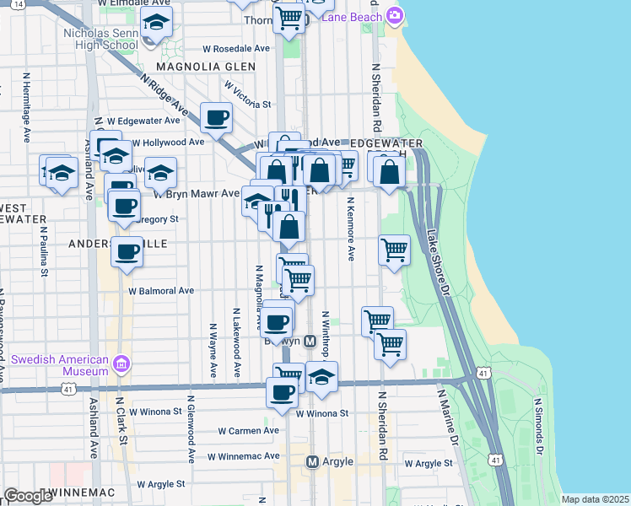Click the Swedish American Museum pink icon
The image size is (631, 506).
click(x=121, y=363)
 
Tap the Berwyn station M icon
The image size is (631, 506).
click(x=310, y=342)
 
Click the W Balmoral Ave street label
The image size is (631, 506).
click(x=161, y=291)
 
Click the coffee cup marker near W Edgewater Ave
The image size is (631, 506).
click(x=216, y=118)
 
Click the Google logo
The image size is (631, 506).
click(x=28, y=496)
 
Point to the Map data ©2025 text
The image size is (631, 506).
click(x=595, y=499)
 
